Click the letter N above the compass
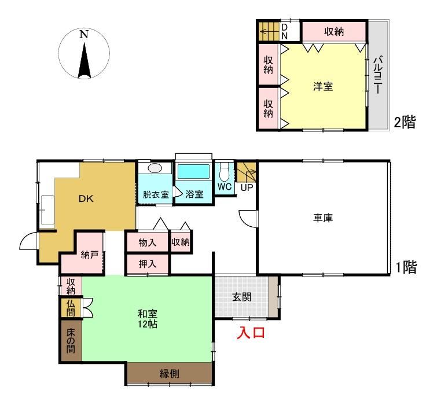84,34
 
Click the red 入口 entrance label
251,333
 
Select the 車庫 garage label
323,218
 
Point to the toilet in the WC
224,172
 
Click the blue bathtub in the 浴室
193,172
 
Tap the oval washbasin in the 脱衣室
155,168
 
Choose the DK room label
86,198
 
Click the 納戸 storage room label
90,255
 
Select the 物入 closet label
148,242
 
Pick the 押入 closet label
148,264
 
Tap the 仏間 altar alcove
71,308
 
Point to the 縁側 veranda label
169,374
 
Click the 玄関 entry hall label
242,297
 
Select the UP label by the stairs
247,187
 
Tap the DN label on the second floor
284,31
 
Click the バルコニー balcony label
378,75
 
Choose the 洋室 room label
323,86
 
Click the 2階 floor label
405,122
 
